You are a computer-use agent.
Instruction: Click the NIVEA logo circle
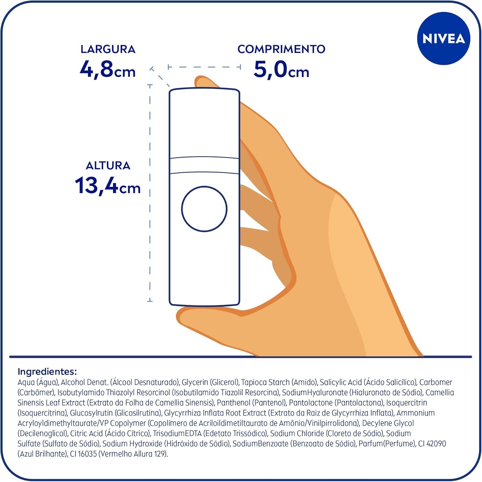tap(443, 39)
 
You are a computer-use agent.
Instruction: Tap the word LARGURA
tap(108, 49)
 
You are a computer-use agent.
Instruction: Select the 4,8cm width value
tap(108, 69)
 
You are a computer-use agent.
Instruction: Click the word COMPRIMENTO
tap(281, 49)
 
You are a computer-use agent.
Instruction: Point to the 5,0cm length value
tap(281, 69)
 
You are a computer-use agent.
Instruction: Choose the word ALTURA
tap(108, 165)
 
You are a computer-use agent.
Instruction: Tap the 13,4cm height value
tap(108, 186)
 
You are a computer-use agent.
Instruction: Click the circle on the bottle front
tap(204, 209)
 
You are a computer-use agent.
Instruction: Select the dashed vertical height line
tap(150, 193)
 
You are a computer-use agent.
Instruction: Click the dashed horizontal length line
tap(205, 67)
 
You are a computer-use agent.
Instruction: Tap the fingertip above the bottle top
tap(206, 82)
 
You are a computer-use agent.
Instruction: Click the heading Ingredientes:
tap(47, 372)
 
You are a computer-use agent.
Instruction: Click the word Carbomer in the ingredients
tap(436, 382)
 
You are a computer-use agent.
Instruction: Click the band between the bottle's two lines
tap(204, 165)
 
